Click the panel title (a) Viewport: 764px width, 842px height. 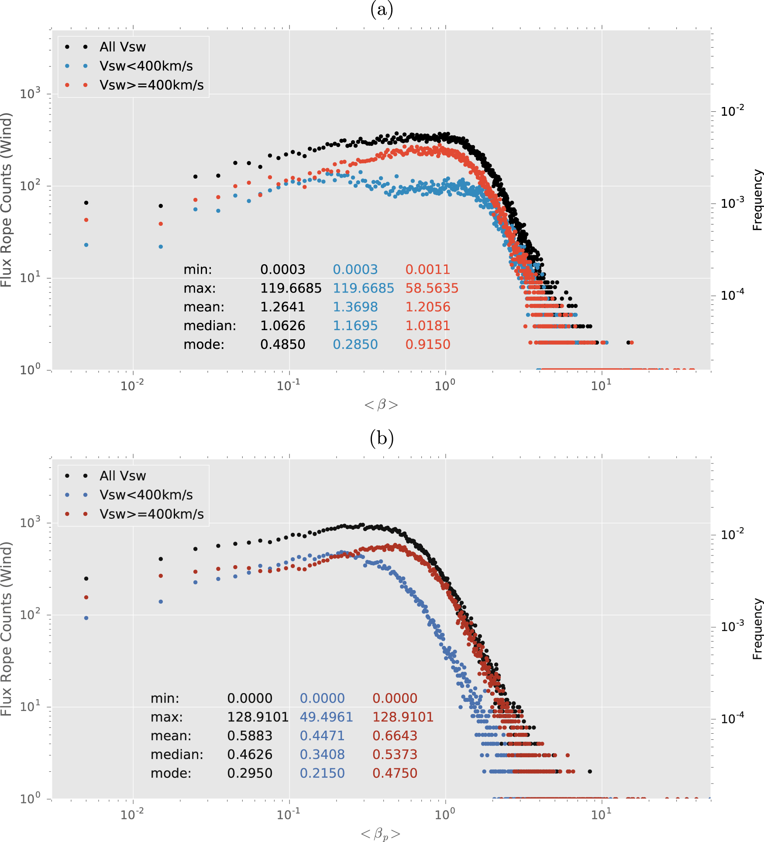coord(382,9)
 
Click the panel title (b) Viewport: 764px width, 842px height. coord(382,438)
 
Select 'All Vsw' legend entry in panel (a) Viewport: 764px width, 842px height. coord(122,47)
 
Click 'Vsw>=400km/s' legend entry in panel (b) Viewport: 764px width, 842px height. coord(151,514)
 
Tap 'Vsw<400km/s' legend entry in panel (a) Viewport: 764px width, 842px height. coord(146,66)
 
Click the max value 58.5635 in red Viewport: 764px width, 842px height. coord(431,288)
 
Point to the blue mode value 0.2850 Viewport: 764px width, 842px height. coord(355,344)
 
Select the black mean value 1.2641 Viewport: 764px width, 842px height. coord(282,307)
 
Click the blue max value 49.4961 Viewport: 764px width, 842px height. coord(326,717)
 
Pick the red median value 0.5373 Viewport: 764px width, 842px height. coord(395,754)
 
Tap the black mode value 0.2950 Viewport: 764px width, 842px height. coord(250,773)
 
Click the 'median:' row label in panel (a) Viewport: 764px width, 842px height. coord(210,326)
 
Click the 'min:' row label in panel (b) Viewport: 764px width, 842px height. coord(165,698)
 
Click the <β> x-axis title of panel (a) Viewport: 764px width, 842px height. coord(381,405)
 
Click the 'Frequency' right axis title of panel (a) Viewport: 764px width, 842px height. coord(757,200)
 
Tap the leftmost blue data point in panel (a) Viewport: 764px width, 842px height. coord(86,245)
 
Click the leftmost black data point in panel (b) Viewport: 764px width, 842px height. coord(86,579)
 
